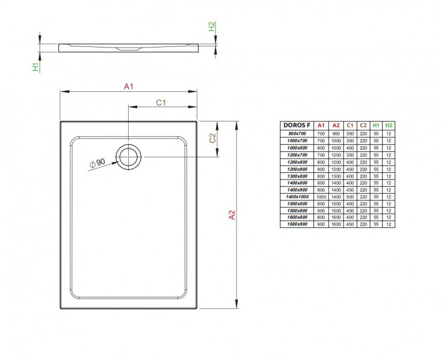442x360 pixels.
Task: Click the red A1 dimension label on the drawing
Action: click(129, 86)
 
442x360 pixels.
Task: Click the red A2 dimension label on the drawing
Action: click(232, 215)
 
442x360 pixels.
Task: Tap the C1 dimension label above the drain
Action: click(161, 102)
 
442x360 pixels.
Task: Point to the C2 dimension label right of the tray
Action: click(212, 138)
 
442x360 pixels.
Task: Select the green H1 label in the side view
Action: click(35, 67)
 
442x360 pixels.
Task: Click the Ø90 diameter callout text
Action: click(97, 162)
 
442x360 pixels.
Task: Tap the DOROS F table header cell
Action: click(297, 125)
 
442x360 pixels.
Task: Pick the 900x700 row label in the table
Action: click(297, 134)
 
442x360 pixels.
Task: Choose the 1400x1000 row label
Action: click(297, 197)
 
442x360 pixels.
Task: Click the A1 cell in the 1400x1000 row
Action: click(321, 197)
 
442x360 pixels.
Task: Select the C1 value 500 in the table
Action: click(349, 197)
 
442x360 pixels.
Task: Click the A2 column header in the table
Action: click(335, 125)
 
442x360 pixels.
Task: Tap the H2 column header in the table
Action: click(389, 125)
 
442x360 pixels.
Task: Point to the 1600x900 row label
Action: click(297, 225)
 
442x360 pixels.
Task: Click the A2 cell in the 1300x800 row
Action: click(335, 176)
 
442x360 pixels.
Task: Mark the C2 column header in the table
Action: click(363, 125)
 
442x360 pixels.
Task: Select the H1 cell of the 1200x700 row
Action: click(376, 155)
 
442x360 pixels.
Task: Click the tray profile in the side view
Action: click(129, 47)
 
